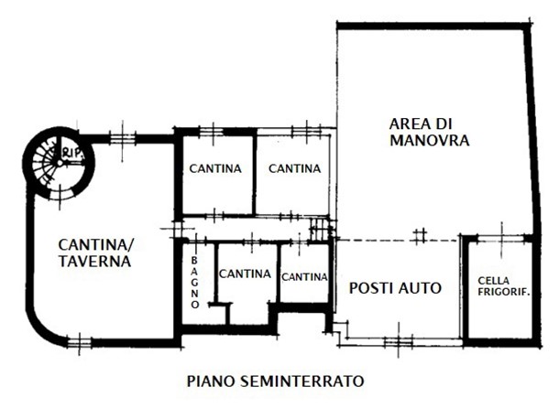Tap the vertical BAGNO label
pos(194,283)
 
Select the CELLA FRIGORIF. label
pos(504,286)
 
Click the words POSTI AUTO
pos(395,288)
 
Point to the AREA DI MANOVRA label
pos(429,132)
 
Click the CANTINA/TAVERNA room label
pos(96,252)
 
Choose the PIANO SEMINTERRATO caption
pos(275,381)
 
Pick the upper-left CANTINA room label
pos(215,168)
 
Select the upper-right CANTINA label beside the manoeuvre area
pos(294,168)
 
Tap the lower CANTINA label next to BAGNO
pos(245,274)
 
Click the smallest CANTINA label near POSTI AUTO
pos(304,276)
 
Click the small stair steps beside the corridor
pos(319,229)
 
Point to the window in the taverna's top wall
pos(122,138)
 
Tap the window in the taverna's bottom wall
pos(79,343)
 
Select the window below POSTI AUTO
pos(399,342)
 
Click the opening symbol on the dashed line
pos(420,236)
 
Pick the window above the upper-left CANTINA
pos(213,133)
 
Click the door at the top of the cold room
pos(502,236)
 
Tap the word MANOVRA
pos(429,140)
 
